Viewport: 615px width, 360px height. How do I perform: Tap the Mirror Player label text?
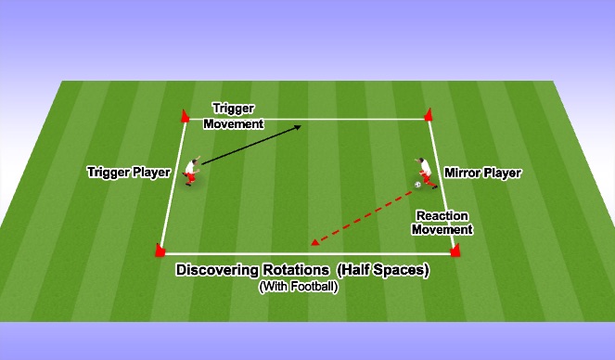point(482,173)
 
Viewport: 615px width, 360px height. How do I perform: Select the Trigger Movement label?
point(234,115)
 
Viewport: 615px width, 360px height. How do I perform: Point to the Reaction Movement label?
point(443,222)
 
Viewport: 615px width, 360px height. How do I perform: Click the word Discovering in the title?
point(219,270)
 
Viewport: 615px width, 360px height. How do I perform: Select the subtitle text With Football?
point(298,287)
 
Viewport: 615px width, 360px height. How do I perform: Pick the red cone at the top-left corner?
point(184,116)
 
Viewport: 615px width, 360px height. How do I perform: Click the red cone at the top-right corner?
point(428,115)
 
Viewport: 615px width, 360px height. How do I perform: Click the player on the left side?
point(191,172)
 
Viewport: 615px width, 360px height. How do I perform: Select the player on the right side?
point(422,172)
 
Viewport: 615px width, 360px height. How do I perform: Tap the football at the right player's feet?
point(418,185)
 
